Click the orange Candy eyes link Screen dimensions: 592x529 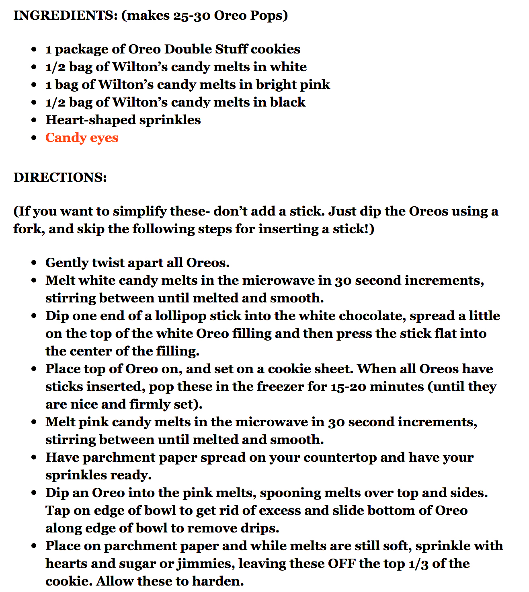coord(82,138)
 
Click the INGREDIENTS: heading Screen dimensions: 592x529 coord(64,15)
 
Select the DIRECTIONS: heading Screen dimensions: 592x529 coord(60,177)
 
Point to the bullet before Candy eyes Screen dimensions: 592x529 coord(35,138)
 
